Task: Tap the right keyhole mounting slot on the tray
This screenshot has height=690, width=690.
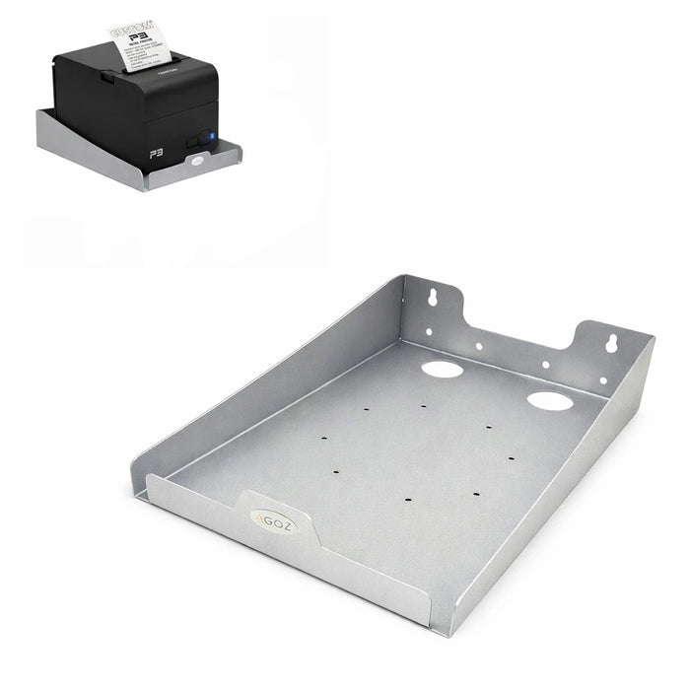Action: [x=612, y=343]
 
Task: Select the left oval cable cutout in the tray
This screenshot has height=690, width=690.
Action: [x=442, y=370]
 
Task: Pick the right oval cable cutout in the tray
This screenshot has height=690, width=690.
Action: [x=549, y=400]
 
